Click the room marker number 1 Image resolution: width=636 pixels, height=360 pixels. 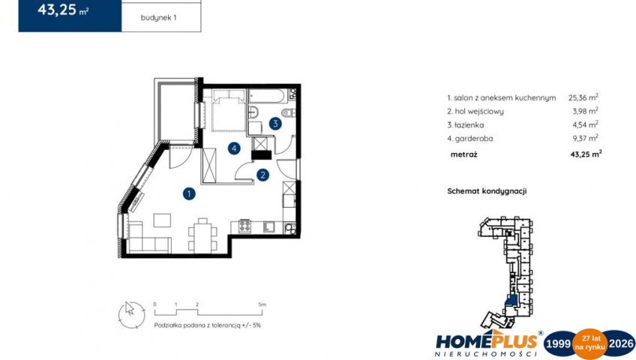pyautogui.click(x=188, y=193)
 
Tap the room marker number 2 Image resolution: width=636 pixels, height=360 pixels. pyautogui.click(x=262, y=175)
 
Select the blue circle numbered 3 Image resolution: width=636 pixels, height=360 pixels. pyautogui.click(x=275, y=124)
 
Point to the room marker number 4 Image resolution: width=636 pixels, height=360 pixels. pyautogui.click(x=234, y=148)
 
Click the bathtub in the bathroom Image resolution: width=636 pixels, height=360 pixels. pyautogui.click(x=268, y=96)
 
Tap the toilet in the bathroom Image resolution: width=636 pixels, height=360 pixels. pyautogui.click(x=288, y=112)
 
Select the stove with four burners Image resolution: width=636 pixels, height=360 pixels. pyautogui.click(x=244, y=226)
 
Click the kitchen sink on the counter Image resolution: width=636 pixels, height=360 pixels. pyautogui.click(x=268, y=226)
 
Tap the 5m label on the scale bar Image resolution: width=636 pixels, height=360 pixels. pyautogui.click(x=262, y=304)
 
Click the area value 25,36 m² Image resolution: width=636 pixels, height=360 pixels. pyautogui.click(x=583, y=97)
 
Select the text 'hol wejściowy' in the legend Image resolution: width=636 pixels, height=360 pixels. pyautogui.click(x=478, y=112)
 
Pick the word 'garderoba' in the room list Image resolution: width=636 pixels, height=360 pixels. pyautogui.click(x=474, y=139)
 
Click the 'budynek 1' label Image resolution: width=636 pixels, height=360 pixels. pyautogui.click(x=158, y=18)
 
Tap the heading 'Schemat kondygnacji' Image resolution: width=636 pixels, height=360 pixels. pyautogui.click(x=487, y=191)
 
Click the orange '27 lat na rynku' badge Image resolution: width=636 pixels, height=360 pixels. pyautogui.click(x=589, y=343)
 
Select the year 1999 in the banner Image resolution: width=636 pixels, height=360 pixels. pyautogui.click(x=558, y=344)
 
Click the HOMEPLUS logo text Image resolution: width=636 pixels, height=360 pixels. pyautogui.click(x=487, y=341)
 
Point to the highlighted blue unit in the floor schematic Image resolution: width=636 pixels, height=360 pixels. pyautogui.click(x=512, y=301)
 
